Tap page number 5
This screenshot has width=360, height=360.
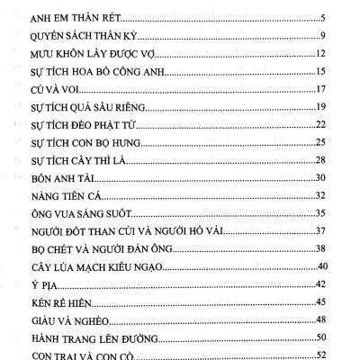[321, 18]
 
